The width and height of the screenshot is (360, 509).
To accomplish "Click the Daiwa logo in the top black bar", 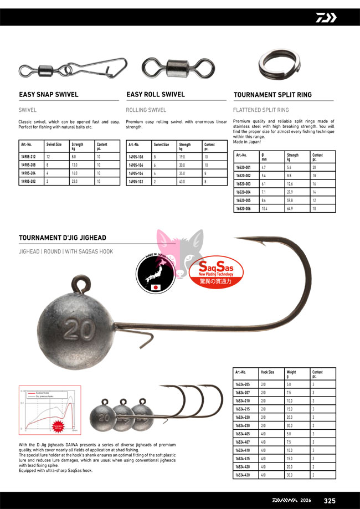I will coord(326,17).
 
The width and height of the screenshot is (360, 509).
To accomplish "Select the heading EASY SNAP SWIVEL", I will coord(49,95).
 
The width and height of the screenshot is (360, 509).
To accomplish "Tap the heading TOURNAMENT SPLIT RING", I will coord(272,95).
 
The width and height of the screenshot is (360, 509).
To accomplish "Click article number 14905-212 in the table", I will coord(28,157).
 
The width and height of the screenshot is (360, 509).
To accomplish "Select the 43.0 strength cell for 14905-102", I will coord(182,181).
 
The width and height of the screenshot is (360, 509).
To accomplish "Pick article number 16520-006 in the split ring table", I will coord(244,208).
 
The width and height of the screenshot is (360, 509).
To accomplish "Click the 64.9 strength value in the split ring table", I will coord(290,208).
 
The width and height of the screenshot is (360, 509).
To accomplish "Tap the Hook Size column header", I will coord(268,373).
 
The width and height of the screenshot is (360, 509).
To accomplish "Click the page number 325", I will coord(330,501).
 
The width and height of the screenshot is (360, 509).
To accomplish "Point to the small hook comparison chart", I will coord(50,410).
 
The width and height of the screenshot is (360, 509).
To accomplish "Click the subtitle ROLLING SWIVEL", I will coord(146,110).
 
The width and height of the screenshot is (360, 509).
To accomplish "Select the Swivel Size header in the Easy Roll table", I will coord(161,145).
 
